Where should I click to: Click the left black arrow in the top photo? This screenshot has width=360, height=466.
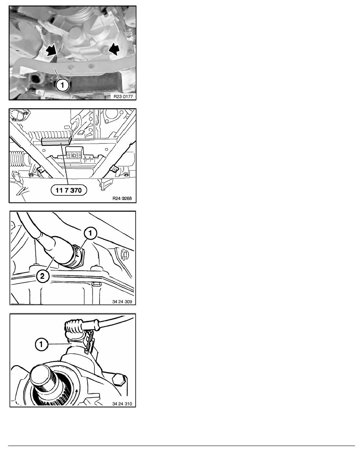(51, 50)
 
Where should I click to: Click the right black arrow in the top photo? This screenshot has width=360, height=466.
(114, 49)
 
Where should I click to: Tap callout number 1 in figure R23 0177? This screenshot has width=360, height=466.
(62, 85)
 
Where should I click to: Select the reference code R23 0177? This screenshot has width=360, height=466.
(123, 96)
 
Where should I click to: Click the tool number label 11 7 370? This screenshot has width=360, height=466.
(69, 190)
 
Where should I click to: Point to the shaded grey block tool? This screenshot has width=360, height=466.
(56, 141)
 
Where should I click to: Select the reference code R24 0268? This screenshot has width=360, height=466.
(122, 198)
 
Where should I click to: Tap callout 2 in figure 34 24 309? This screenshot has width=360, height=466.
(42, 276)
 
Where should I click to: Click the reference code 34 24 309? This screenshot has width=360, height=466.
(122, 302)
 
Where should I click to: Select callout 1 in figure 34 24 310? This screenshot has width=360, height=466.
(41, 344)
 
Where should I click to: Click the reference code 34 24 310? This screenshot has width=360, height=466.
(122, 404)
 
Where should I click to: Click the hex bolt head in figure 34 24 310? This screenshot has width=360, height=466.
(118, 380)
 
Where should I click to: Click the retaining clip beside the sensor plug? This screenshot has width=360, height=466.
(90, 341)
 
